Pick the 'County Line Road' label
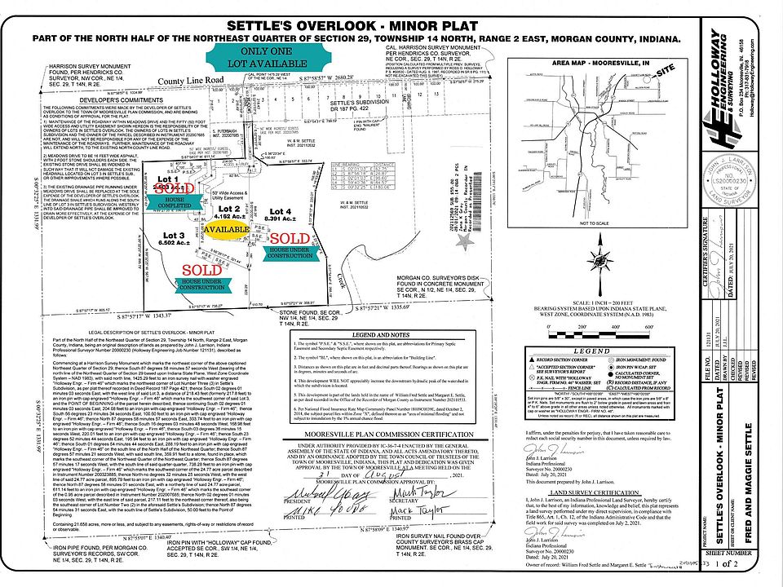192,80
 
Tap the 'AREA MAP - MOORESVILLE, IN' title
584,61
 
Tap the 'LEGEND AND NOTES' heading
386,335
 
